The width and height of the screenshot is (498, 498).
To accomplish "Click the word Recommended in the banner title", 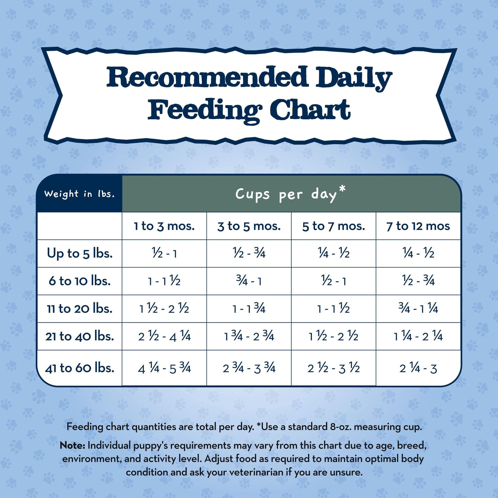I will [x=208, y=77].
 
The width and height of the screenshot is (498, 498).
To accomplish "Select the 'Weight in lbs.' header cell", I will [x=79, y=194].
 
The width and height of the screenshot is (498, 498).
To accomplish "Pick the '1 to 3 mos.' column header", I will [x=164, y=226].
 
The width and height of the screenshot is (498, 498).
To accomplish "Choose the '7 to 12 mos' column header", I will [x=418, y=226].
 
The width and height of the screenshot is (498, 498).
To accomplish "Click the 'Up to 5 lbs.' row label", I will [x=80, y=253].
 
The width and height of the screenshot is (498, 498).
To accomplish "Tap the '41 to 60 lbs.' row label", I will [x=80, y=368].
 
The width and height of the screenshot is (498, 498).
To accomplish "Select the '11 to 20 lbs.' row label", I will [x=80, y=309].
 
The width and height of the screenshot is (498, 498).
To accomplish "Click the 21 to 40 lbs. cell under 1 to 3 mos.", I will [x=164, y=336].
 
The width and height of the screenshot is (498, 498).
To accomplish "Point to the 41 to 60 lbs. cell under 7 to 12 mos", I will [x=418, y=368].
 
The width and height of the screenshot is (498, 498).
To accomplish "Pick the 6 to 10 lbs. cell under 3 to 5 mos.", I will [x=249, y=281].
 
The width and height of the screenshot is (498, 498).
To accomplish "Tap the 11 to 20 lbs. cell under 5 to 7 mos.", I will [x=333, y=309].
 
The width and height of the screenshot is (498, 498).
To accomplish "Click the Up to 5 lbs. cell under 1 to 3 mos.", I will [x=164, y=254].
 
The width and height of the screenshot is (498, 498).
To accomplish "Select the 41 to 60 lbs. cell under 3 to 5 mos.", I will [x=249, y=368].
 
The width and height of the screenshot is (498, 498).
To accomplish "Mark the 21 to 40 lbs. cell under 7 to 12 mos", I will [x=418, y=336].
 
